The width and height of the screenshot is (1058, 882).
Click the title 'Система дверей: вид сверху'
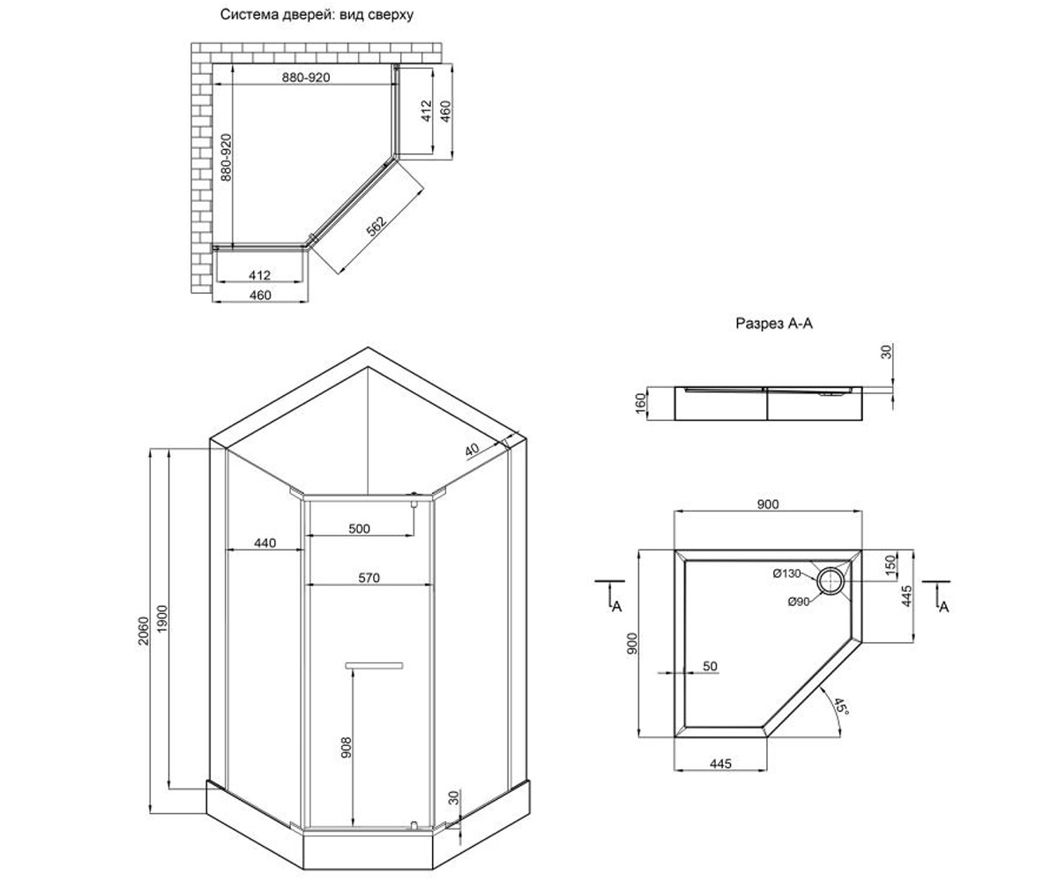(317, 15)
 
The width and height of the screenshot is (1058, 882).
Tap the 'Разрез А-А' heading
(774, 324)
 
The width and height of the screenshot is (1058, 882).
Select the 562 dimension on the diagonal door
(376, 226)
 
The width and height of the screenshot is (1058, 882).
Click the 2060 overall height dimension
(144, 631)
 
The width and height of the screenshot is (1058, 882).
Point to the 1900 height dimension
(162, 619)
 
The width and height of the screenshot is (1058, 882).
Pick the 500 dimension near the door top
(359, 528)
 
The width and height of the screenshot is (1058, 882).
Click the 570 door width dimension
(369, 578)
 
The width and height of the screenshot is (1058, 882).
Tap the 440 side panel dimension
(264, 543)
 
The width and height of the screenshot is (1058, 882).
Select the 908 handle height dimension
(346, 748)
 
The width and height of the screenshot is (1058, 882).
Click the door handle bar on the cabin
(374, 666)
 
